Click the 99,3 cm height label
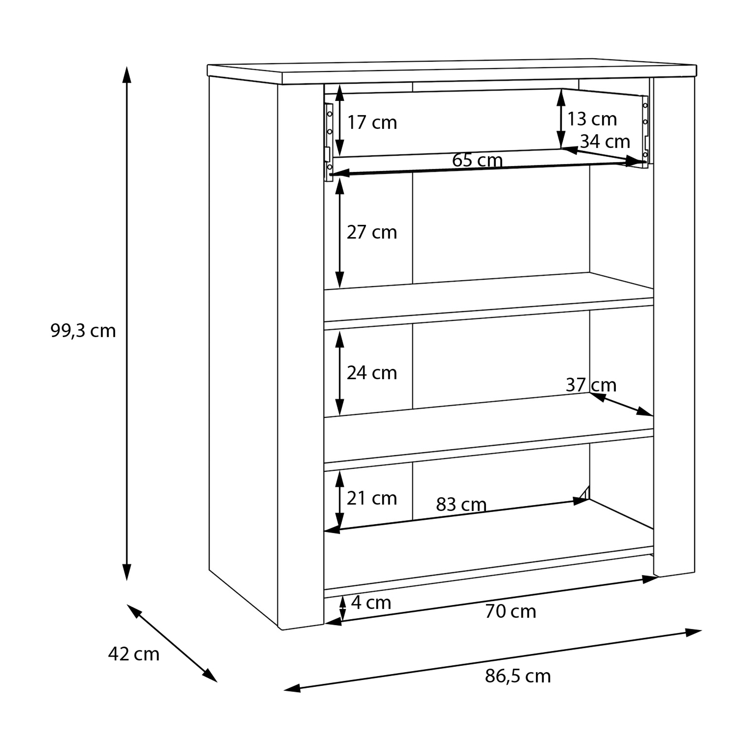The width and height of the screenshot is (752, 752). (83, 331)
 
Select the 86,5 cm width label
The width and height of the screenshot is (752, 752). (518, 676)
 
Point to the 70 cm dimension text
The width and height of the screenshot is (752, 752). (510, 612)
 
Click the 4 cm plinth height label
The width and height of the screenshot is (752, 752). (371, 603)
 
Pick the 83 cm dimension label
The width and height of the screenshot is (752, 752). (461, 504)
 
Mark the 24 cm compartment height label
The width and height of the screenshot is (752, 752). (372, 373)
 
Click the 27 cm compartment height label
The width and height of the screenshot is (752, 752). (372, 233)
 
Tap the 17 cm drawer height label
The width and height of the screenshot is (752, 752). (372, 123)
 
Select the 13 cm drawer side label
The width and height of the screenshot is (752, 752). (592, 119)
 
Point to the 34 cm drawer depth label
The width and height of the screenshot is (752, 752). (605, 142)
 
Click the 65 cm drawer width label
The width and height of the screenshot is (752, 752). (477, 160)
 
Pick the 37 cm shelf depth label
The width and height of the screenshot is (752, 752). (591, 385)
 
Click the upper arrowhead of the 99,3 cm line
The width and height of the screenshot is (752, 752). (127, 75)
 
